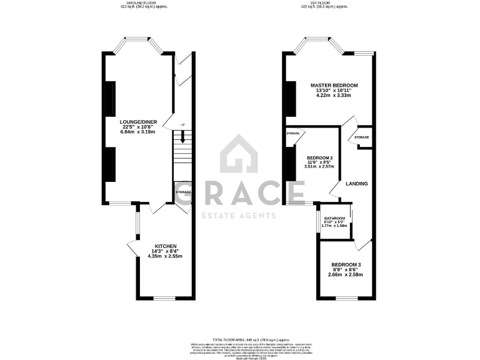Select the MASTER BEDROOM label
334,85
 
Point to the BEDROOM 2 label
319,157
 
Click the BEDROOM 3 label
346,264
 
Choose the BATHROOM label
334,218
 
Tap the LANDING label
356,183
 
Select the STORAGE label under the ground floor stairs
183,192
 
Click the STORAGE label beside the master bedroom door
361,137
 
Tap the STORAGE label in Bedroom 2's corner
293,133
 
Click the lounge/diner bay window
138,45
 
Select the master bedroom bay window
319,45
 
